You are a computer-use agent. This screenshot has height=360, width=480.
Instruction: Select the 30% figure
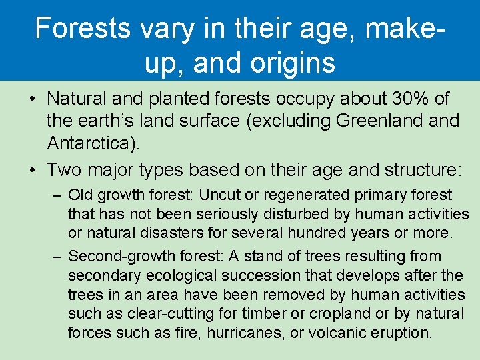[x=410, y=99]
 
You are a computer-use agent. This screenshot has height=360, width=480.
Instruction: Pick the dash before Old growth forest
[x=56, y=195]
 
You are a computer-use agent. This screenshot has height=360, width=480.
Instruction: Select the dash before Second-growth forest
[x=56, y=257]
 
